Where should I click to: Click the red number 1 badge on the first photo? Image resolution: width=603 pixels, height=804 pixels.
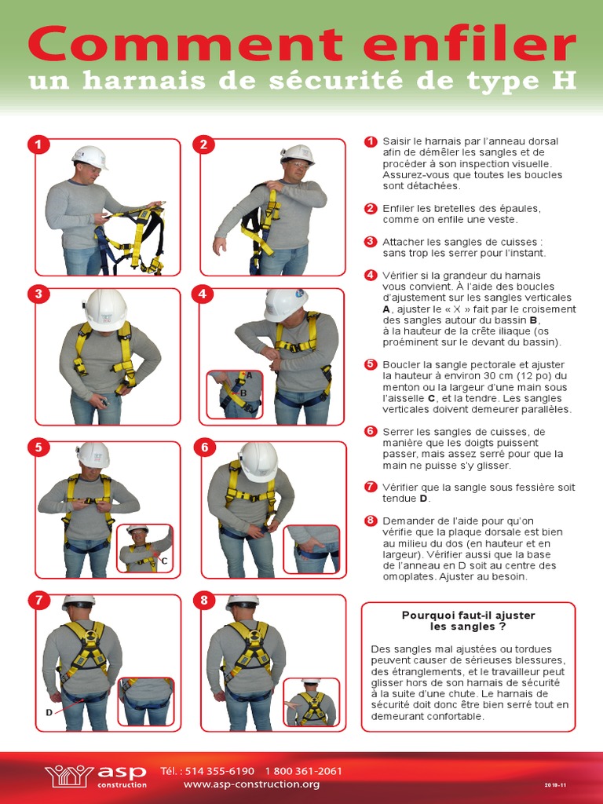point(38,144)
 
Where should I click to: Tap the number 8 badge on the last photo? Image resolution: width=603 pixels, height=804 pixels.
point(204,601)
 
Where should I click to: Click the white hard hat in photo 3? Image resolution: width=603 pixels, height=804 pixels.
point(106,310)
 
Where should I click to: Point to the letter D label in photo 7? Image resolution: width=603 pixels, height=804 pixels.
point(49,712)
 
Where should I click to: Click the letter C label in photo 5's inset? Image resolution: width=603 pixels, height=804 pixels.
point(164,561)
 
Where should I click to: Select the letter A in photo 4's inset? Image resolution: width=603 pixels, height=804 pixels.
point(249,375)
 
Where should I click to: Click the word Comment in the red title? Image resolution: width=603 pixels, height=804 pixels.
point(185,44)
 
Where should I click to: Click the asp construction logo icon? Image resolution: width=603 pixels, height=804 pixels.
point(69,776)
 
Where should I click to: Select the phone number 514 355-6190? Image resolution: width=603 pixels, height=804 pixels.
point(220,771)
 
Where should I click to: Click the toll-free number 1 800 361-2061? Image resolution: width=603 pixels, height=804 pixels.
point(304,771)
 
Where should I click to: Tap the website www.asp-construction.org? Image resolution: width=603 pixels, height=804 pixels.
point(251,784)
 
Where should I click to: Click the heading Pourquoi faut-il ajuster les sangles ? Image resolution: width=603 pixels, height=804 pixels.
point(468,620)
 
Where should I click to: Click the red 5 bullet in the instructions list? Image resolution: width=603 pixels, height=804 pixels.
point(371,364)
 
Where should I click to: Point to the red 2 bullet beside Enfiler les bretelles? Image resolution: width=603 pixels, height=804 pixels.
point(371,209)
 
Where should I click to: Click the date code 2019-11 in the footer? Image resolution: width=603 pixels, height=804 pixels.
point(555,785)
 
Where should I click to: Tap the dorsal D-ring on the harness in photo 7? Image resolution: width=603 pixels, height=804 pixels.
point(90,634)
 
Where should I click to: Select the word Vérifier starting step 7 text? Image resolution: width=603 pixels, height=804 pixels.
point(400,487)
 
